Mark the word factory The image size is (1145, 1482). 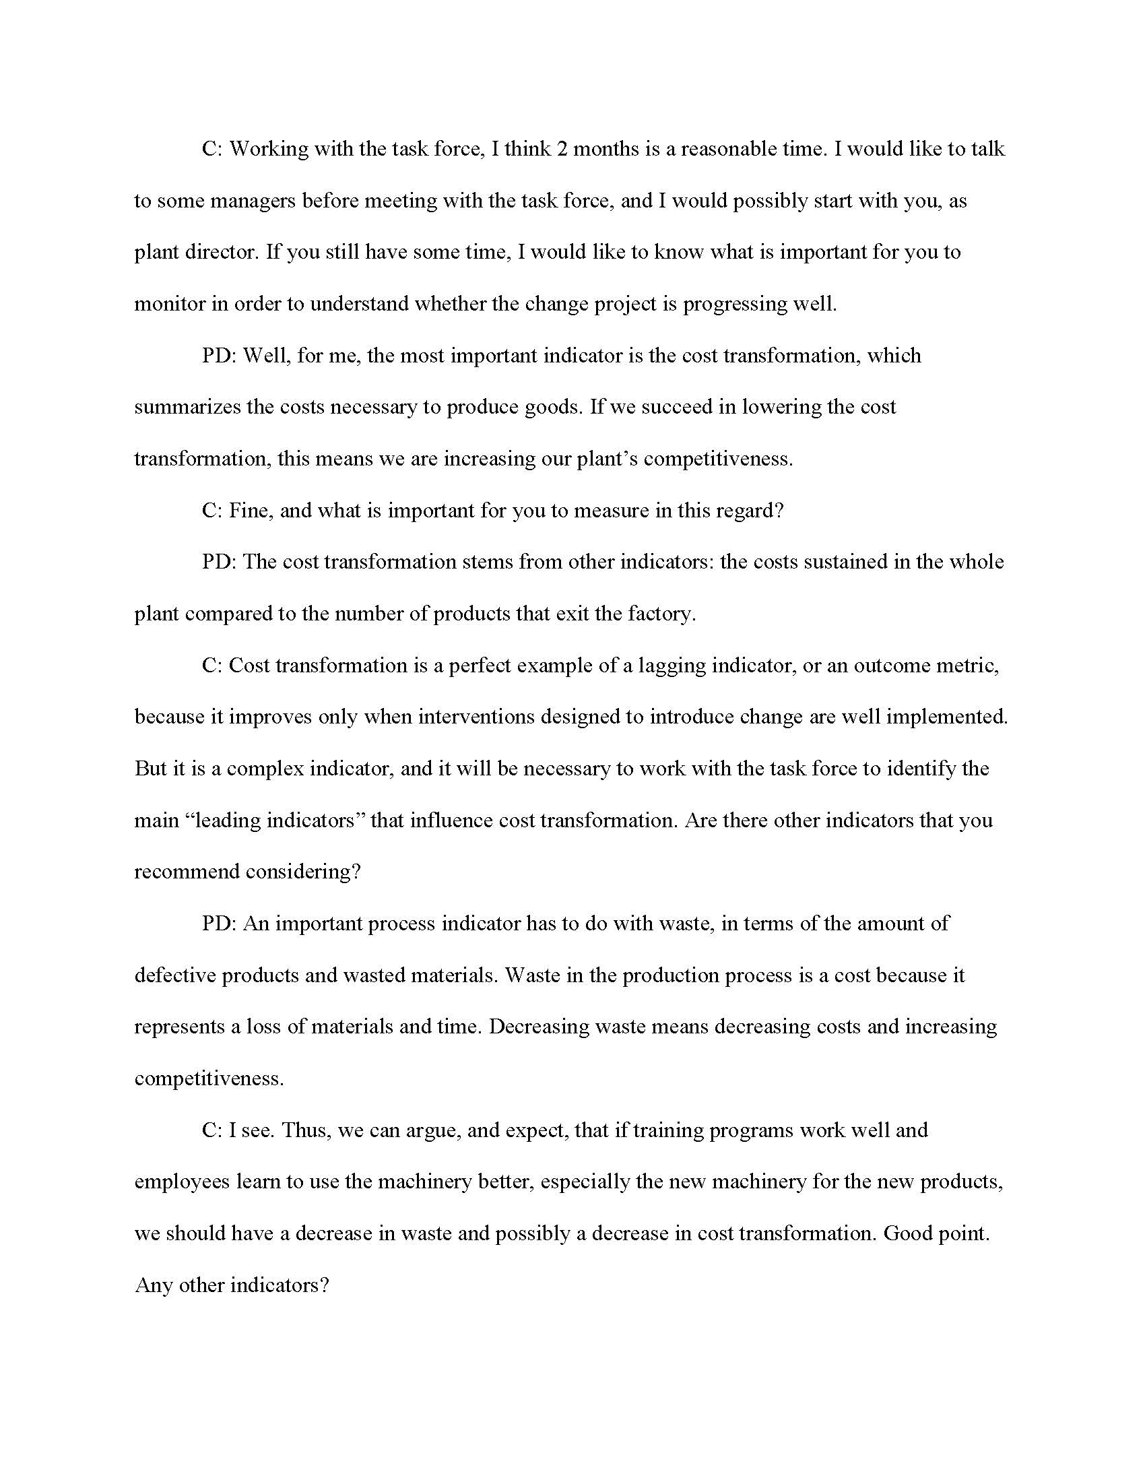(x=661, y=614)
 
